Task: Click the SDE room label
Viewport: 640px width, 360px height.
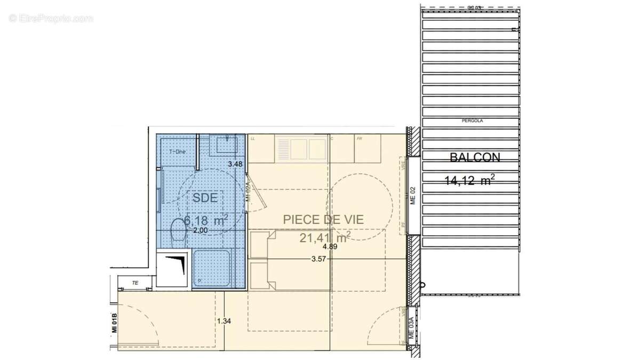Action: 205,197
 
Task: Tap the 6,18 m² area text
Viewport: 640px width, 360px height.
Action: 206,220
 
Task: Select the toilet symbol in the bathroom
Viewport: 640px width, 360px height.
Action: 178,230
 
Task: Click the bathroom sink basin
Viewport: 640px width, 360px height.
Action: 226,145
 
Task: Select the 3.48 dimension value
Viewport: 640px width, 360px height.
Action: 235,164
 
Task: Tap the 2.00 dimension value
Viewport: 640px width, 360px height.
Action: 200,230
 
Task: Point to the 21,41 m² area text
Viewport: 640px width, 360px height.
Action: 325,237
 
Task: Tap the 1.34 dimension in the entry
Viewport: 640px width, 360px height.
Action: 225,321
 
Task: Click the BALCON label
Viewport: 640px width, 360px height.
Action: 475,158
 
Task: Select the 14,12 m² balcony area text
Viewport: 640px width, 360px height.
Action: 469,181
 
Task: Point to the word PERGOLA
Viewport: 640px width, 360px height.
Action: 472,121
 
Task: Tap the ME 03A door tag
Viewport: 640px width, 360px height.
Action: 411,327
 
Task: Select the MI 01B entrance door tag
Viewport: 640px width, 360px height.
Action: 114,324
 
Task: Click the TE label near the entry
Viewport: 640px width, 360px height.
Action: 135,283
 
